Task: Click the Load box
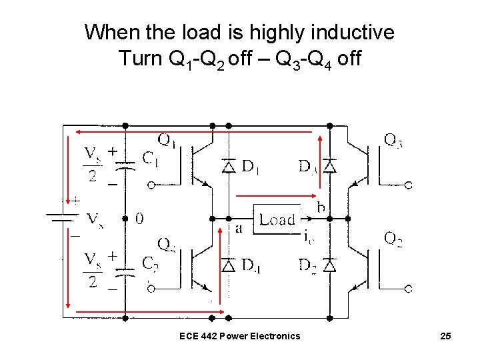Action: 277,219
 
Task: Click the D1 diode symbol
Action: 229,166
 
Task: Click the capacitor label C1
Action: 151,158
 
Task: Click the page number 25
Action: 445,336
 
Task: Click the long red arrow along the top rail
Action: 193,132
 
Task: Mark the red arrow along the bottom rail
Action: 147,310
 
